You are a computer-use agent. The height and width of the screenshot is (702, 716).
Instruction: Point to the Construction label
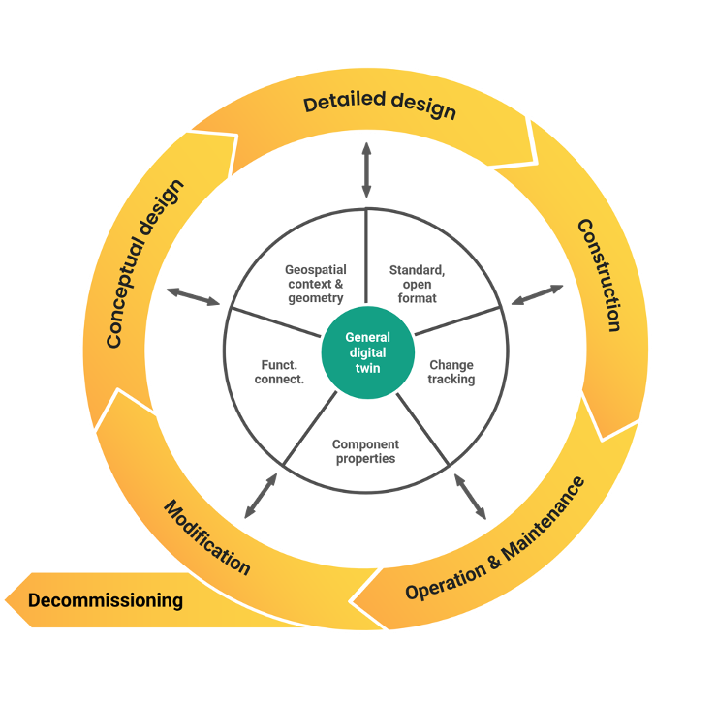click(x=600, y=275)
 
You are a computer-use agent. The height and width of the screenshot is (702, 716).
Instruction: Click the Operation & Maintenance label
click(x=494, y=538)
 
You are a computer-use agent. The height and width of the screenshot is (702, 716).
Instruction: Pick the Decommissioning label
click(x=106, y=600)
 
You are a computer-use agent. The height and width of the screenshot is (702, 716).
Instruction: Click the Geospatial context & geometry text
click(x=316, y=284)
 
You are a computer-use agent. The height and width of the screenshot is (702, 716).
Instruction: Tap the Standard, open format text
click(x=417, y=284)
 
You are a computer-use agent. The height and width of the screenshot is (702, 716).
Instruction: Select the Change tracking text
click(x=451, y=372)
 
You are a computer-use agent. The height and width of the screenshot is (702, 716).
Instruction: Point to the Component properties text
click(x=365, y=451)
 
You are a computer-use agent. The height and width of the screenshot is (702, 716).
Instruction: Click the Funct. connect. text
click(x=281, y=372)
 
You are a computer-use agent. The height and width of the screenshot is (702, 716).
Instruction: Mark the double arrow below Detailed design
click(x=366, y=169)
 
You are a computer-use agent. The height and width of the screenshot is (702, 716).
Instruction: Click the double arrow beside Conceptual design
click(x=194, y=296)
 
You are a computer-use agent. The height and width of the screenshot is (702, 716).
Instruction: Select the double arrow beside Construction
click(x=538, y=294)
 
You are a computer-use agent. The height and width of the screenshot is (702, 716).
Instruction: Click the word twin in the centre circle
click(x=367, y=369)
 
